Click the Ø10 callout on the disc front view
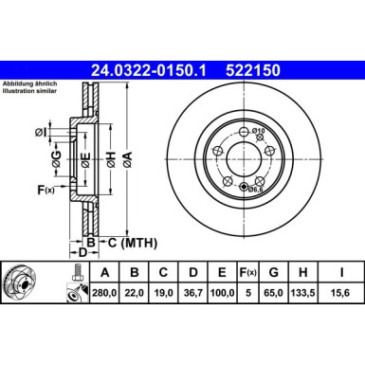[x=259, y=130]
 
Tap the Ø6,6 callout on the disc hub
[x=254, y=190]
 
